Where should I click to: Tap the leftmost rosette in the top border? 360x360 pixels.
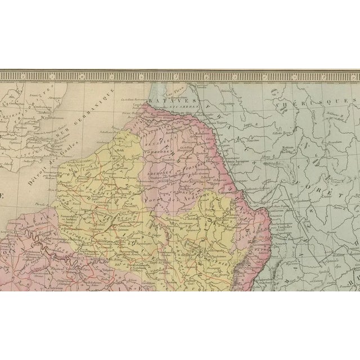click(7, 73)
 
